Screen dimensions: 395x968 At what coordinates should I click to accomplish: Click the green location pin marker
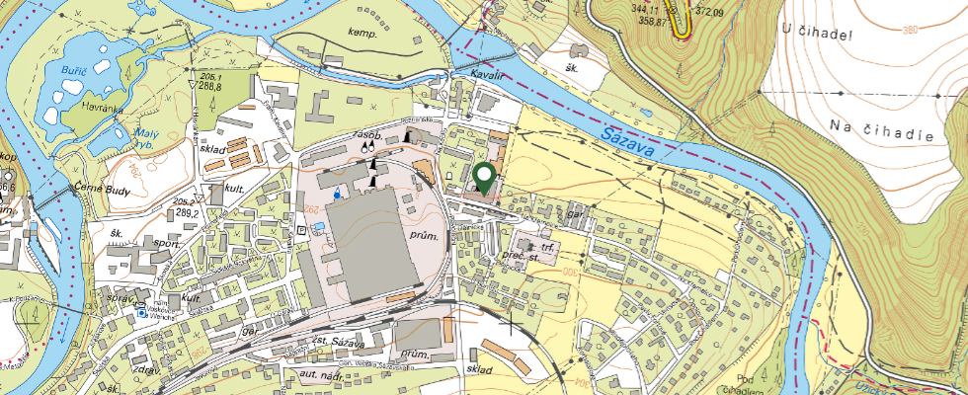(x=484, y=178)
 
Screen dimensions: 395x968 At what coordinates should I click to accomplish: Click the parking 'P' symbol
(x=300, y=229)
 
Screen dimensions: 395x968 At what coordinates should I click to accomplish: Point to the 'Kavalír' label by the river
(x=486, y=74)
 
